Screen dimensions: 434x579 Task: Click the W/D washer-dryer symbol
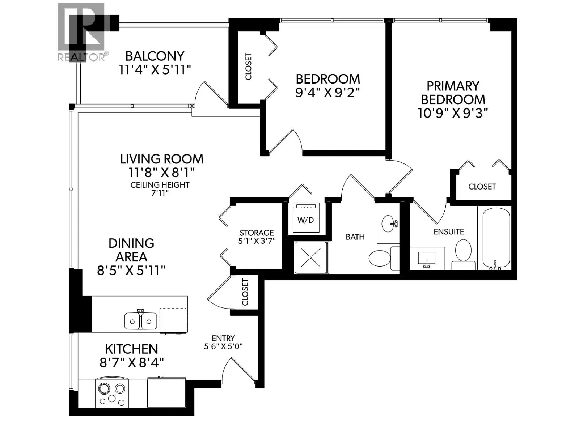click(306, 217)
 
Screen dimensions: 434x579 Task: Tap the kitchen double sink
click(141, 320)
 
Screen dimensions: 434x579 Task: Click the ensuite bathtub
click(496, 238)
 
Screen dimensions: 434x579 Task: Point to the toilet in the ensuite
click(463, 252)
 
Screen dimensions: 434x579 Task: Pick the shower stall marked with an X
click(311, 258)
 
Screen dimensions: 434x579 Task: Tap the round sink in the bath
click(389, 223)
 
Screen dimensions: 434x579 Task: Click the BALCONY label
click(155, 56)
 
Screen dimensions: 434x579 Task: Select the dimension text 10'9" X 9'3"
click(453, 113)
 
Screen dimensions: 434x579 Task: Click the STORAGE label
click(257, 233)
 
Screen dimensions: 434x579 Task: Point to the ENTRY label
click(223, 338)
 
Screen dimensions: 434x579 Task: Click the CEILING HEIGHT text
click(160, 185)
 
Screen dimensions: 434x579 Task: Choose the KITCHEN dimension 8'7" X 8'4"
click(132, 362)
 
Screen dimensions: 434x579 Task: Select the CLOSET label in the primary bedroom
click(482, 187)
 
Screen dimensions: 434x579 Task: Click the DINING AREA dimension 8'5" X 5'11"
click(131, 270)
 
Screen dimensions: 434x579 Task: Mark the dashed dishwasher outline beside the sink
click(173, 320)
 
